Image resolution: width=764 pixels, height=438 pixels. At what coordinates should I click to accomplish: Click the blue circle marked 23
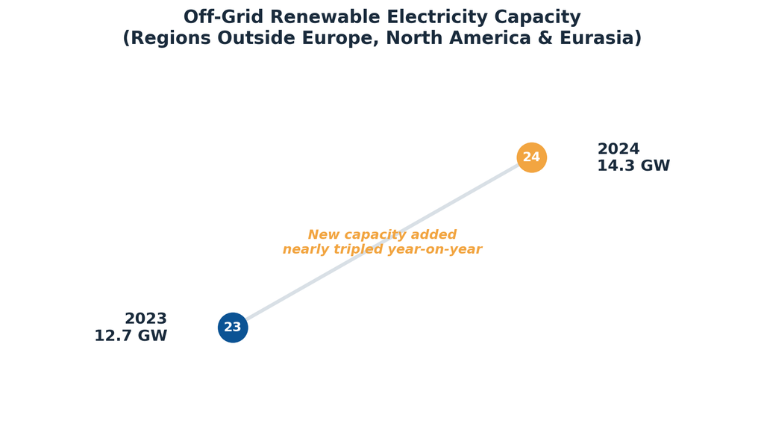pos(233,328)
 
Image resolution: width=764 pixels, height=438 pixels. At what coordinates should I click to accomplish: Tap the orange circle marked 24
pos(531,157)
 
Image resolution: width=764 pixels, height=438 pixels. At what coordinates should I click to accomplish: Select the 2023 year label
pos(145,319)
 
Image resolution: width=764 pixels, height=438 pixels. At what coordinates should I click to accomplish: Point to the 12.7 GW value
pos(131,336)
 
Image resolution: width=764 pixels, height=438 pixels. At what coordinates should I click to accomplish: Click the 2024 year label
pos(619,148)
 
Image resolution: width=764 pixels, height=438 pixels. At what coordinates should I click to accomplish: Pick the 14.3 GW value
pos(633,166)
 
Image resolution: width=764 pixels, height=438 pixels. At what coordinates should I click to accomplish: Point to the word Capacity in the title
pos(537,18)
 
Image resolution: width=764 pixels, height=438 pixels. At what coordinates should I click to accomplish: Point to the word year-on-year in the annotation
pos(436,250)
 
